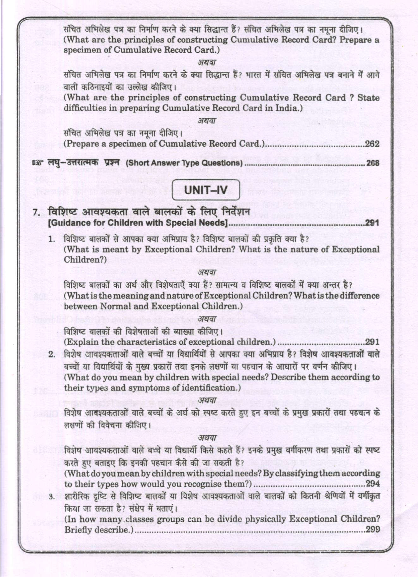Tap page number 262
click(372, 144)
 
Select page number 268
click(372, 163)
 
